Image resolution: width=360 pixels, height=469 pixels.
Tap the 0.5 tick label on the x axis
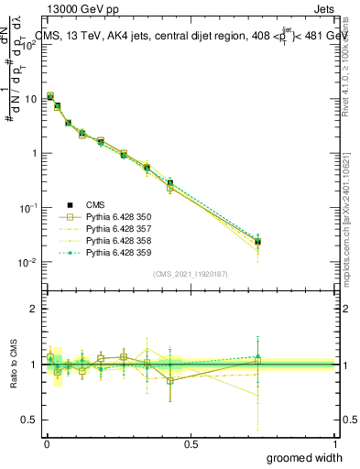pos(191,443)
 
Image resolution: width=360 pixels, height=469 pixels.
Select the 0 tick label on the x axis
pos(47,443)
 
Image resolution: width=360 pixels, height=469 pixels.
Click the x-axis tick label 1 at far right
pos(334,443)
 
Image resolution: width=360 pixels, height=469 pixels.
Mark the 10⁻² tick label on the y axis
pos(28,263)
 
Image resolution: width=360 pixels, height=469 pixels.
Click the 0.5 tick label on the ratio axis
pos(30,420)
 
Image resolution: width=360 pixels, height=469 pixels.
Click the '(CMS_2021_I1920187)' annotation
pos(190,273)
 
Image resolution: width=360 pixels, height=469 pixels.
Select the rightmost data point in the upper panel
pos(257,242)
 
